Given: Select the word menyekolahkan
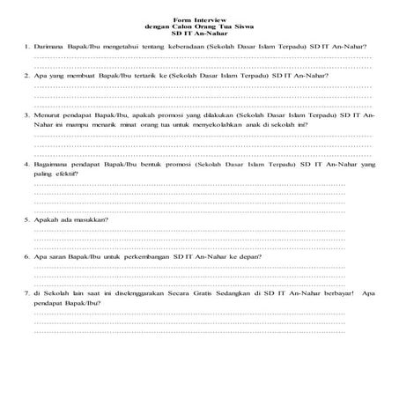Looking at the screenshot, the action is tap(228, 125).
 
